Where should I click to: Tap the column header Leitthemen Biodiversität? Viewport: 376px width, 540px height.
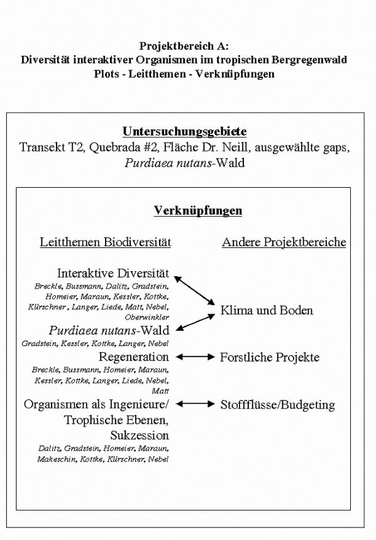click(106, 242)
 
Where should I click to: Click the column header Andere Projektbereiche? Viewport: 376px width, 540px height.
click(284, 242)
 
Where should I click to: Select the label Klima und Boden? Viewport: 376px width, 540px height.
click(266, 310)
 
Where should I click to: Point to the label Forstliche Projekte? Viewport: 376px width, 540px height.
click(270, 357)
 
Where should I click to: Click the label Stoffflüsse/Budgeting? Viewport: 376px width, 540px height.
click(277, 405)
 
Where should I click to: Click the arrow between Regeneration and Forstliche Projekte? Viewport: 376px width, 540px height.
click(196, 357)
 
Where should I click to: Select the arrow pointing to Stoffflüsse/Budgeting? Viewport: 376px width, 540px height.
click(196, 404)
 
